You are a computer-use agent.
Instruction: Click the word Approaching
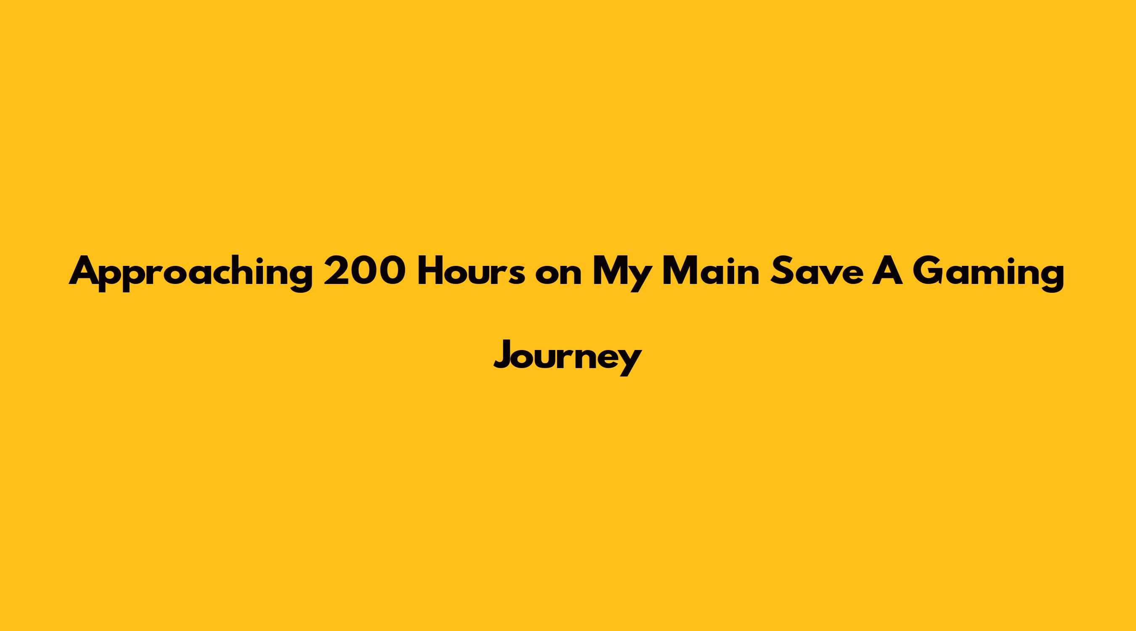191,274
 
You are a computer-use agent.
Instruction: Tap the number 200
364,271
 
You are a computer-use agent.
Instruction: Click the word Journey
568,358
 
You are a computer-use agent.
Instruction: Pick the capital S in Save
780,271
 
